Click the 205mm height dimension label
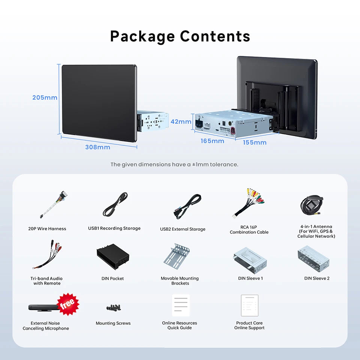click(45, 97)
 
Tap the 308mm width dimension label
click(98, 147)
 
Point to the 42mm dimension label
click(181, 121)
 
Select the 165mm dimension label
click(212, 141)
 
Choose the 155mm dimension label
click(255, 142)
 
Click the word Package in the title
click(142, 36)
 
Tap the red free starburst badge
click(68, 304)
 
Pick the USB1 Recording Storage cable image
click(115, 204)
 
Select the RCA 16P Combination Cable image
click(248, 203)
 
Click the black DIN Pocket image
click(113, 256)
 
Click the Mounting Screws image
click(114, 307)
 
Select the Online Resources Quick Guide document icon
click(181, 305)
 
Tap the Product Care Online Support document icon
click(250, 305)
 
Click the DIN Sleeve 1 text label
click(250, 278)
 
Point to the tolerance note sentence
click(174, 164)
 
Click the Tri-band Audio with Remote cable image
click(47, 254)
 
